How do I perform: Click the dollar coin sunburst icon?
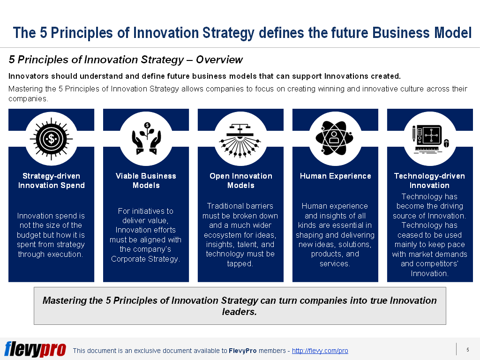pos(51,139)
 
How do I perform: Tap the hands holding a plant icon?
pos(146,139)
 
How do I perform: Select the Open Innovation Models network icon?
pos(240,139)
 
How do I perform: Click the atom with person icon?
pos(335,139)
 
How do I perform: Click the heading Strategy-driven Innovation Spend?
pos(51,180)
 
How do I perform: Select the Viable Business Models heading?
pos(146,180)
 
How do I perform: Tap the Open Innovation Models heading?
pos(240,180)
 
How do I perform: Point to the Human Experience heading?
pos(335,176)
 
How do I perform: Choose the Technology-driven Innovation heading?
pos(429,180)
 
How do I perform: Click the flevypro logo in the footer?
pos(35,349)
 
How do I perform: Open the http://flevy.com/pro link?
pos(320,351)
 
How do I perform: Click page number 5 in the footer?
pos(467,350)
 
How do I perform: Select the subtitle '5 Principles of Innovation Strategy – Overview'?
pos(126,60)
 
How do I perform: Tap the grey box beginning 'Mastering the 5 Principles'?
pos(240,306)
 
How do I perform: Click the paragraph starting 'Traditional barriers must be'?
pos(240,234)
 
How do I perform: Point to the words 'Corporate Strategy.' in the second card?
pos(145,259)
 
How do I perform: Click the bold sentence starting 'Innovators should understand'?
pos(204,76)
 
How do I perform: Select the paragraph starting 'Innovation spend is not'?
pos(51,235)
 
